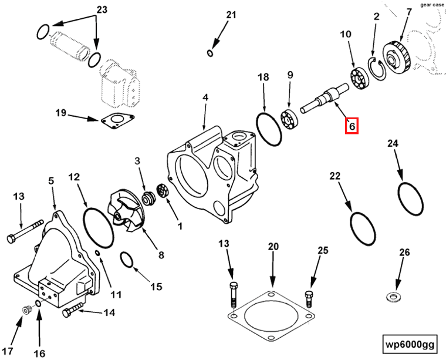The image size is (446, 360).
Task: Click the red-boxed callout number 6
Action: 351,126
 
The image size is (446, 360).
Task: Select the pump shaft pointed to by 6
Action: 324,99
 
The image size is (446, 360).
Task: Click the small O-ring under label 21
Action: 211,54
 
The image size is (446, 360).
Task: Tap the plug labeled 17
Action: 26,309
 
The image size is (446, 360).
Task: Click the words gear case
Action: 433,4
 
